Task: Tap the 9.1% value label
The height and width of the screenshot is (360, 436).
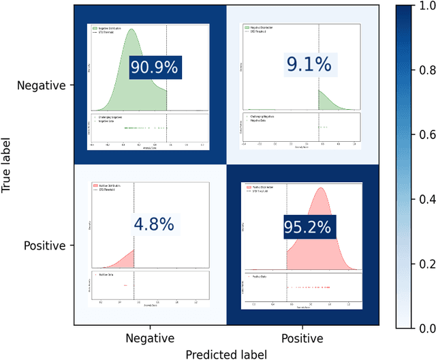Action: [x=308, y=65]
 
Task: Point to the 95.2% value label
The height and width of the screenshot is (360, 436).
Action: [x=309, y=226]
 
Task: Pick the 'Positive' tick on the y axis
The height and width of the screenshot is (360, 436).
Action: [x=44, y=245]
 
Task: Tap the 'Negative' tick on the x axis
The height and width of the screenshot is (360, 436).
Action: [x=150, y=337]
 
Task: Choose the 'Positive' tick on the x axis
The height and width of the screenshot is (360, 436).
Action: [x=301, y=337]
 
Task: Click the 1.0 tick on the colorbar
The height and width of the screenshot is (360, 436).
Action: [x=426, y=5]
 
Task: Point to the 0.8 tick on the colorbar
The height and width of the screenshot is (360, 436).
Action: [x=426, y=70]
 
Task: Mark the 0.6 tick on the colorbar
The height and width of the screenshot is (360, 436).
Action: [x=426, y=134]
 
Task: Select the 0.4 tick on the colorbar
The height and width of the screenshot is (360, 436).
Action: [x=426, y=198]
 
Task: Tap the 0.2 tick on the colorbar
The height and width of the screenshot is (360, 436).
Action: [x=426, y=263]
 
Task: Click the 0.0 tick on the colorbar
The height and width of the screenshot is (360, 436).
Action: [x=426, y=328]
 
